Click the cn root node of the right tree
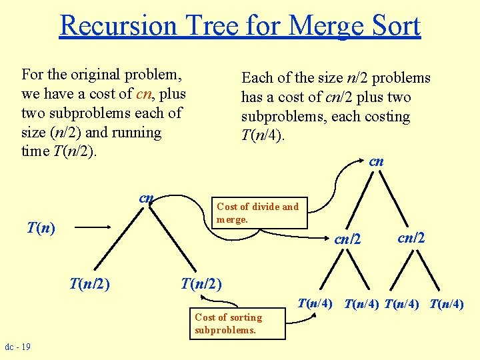point(377,161)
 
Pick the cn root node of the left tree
point(147,198)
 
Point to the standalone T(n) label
point(41,228)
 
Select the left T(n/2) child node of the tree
point(90,283)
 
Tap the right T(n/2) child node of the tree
point(201,283)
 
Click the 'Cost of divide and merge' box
point(258,213)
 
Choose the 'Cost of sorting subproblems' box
point(237,323)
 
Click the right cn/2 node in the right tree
point(412,237)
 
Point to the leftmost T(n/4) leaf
point(315,303)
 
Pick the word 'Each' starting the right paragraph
point(256,78)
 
